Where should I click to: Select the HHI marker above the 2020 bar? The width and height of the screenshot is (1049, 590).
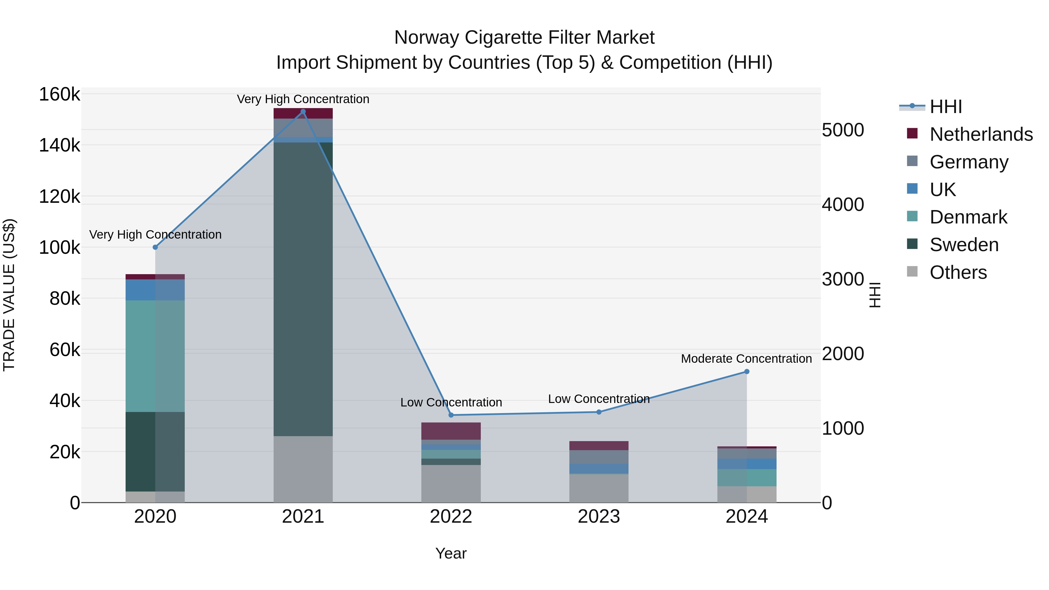click(155, 247)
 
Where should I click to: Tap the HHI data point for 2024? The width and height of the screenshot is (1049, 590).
click(747, 371)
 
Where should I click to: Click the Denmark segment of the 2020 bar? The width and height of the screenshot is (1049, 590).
click(155, 356)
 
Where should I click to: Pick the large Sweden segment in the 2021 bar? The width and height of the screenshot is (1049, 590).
click(303, 289)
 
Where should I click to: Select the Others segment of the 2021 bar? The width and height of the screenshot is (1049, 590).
click(303, 469)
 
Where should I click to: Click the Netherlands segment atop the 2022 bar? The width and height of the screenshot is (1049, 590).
click(451, 431)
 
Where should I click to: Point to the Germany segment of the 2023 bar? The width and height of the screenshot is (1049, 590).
click(599, 457)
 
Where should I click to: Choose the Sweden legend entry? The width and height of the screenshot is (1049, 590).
click(964, 245)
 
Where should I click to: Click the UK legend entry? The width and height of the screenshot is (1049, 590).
click(942, 189)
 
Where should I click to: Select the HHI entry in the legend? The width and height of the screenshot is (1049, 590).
click(945, 107)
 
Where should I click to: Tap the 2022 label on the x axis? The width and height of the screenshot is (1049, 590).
click(451, 517)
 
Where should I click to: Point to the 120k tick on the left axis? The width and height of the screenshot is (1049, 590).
click(59, 197)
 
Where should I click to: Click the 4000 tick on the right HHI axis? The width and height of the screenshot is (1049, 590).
click(842, 205)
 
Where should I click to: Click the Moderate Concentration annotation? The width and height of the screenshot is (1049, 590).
click(746, 359)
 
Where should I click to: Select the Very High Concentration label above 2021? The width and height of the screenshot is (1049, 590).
click(303, 99)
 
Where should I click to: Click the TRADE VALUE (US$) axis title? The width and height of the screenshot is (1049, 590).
click(9, 295)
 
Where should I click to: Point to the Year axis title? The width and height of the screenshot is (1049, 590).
click(451, 553)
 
